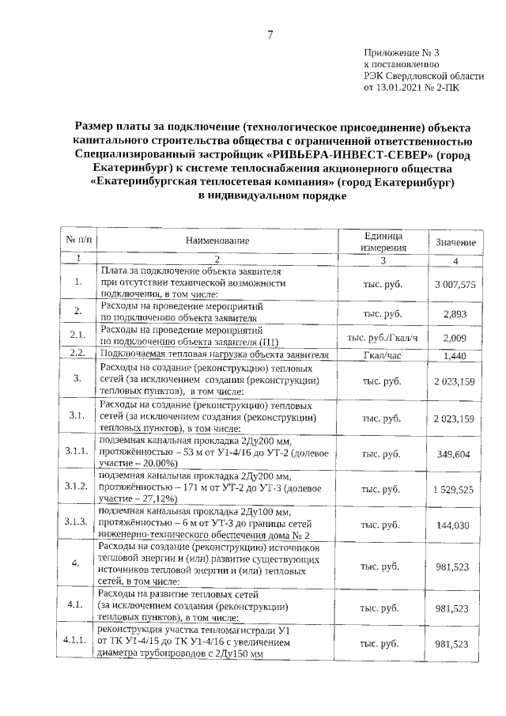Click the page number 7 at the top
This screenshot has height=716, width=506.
pyautogui.click(x=270, y=35)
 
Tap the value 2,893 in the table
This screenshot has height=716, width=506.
pyautogui.click(x=459, y=313)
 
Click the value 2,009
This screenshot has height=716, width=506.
pyautogui.click(x=459, y=338)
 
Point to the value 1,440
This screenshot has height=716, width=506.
pyautogui.click(x=459, y=356)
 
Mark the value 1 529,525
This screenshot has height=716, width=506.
pyautogui.click(x=455, y=491)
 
